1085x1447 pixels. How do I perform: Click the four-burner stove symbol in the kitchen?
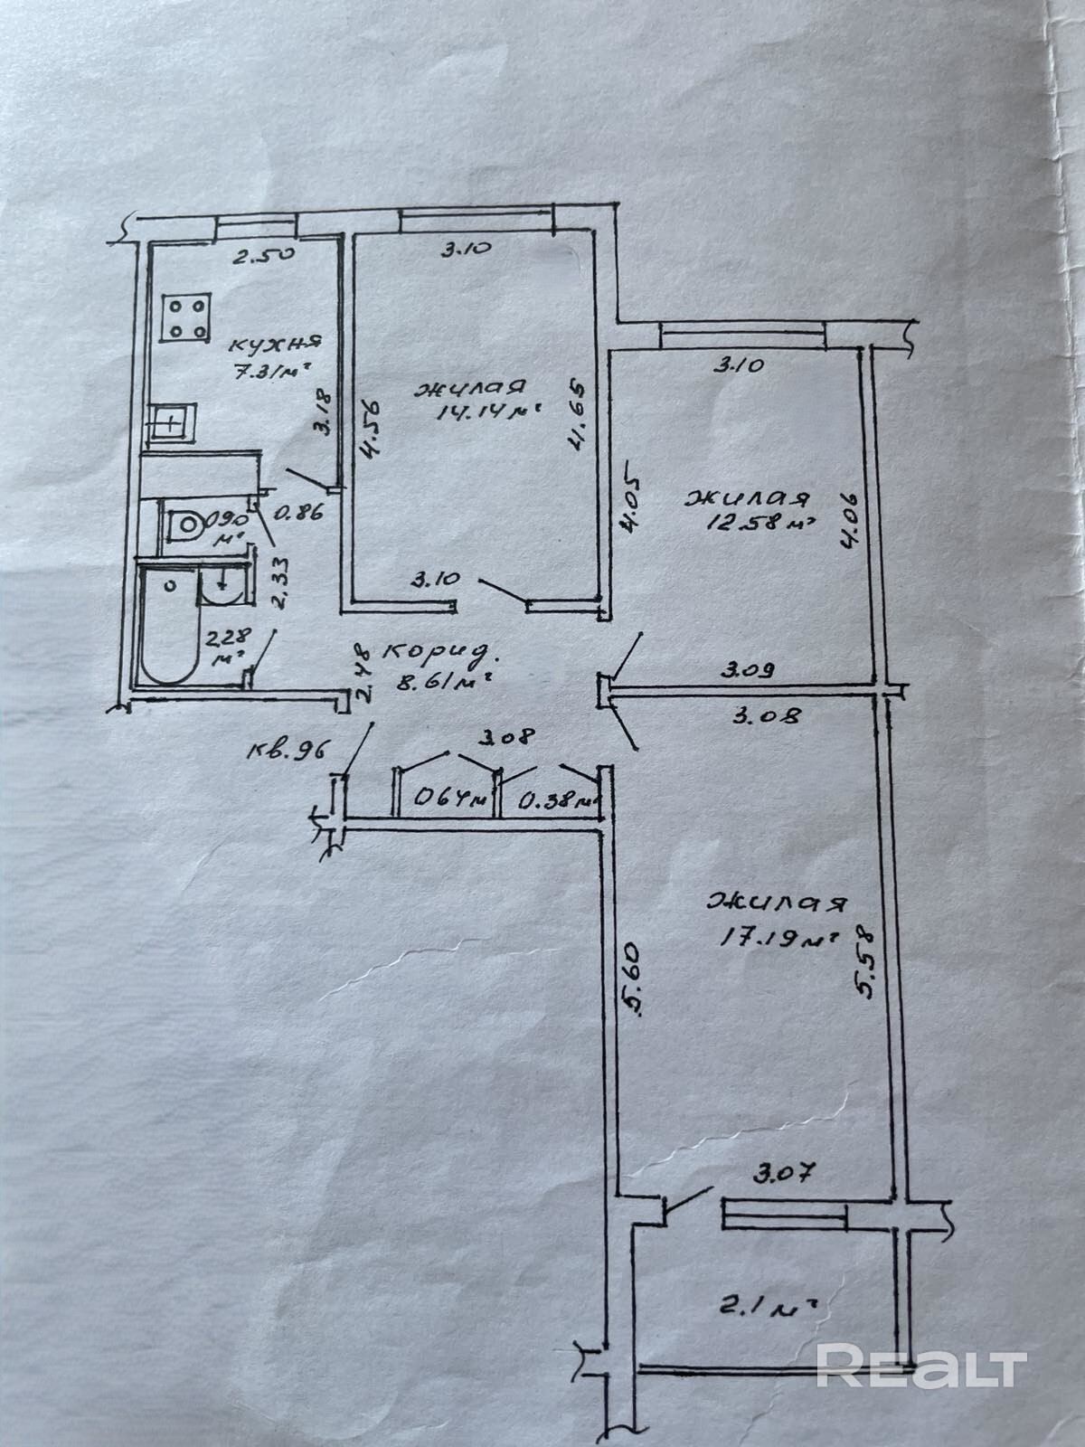point(188,318)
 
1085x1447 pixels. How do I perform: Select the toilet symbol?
point(186,523)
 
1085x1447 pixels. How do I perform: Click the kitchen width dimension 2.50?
point(263,255)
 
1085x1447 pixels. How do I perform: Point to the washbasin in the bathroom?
point(220,587)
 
